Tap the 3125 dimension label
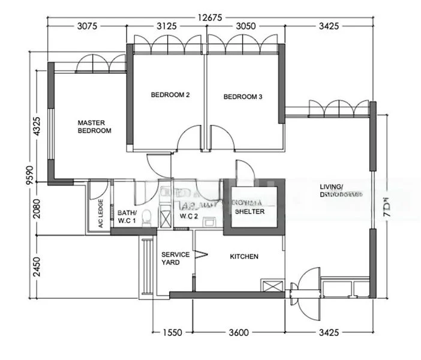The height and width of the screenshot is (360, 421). (x=166, y=26)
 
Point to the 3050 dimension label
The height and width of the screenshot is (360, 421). (x=243, y=26)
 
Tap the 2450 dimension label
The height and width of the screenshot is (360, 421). (x=38, y=266)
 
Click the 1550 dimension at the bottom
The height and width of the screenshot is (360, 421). (x=173, y=332)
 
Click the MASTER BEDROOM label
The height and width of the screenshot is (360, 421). (x=94, y=127)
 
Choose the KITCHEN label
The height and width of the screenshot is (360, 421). (x=244, y=257)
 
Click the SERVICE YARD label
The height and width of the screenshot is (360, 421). (x=175, y=259)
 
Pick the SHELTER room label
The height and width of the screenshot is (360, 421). (x=249, y=211)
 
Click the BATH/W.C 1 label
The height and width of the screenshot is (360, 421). (x=127, y=216)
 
